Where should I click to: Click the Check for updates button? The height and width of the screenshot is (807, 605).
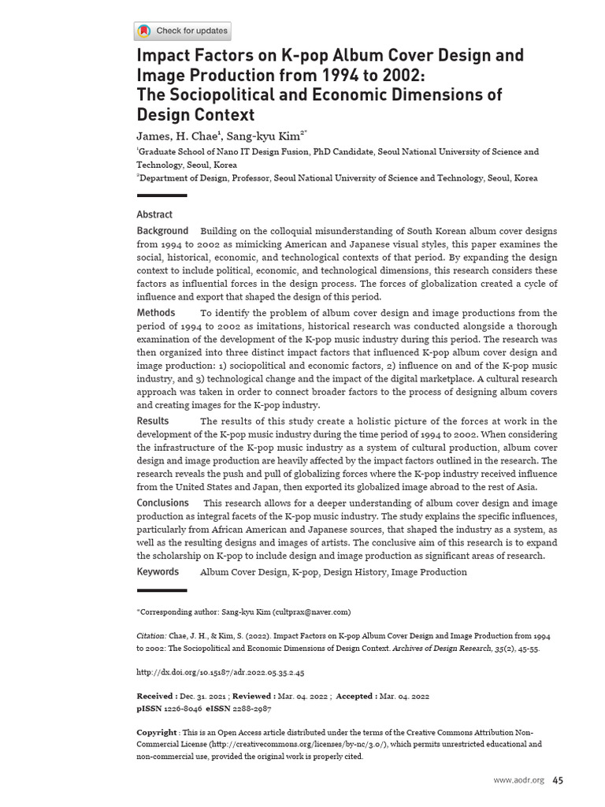pyautogui.click(x=183, y=32)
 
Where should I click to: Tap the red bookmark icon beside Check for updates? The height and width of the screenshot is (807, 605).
pyautogui.click(x=144, y=32)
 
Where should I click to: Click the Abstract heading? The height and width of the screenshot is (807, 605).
pyautogui.click(x=154, y=214)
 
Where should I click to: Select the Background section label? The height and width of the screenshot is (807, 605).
pyautogui.click(x=162, y=231)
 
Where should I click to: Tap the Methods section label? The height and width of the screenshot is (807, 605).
pyautogui.click(x=156, y=313)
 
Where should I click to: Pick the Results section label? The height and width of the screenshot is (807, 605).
pyautogui.click(x=153, y=421)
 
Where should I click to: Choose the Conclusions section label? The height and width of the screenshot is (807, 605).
pyautogui.click(x=163, y=503)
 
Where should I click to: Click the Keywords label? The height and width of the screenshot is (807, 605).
pyautogui.click(x=158, y=571)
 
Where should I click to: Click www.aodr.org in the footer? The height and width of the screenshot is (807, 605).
pyautogui.click(x=518, y=780)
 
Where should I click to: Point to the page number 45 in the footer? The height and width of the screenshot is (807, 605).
pyautogui.click(x=557, y=780)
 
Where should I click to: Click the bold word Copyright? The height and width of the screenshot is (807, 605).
pyautogui.click(x=157, y=732)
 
